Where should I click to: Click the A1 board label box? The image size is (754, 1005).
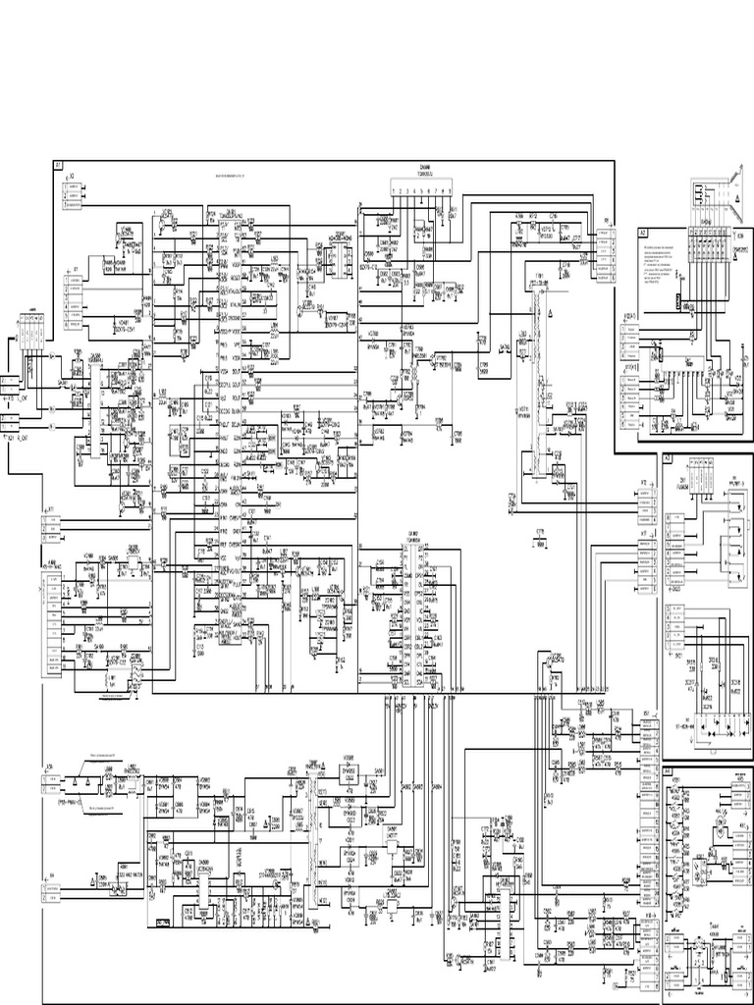point(59,166)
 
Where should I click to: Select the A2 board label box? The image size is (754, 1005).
point(642,234)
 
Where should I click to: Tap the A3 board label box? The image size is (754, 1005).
point(667,458)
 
